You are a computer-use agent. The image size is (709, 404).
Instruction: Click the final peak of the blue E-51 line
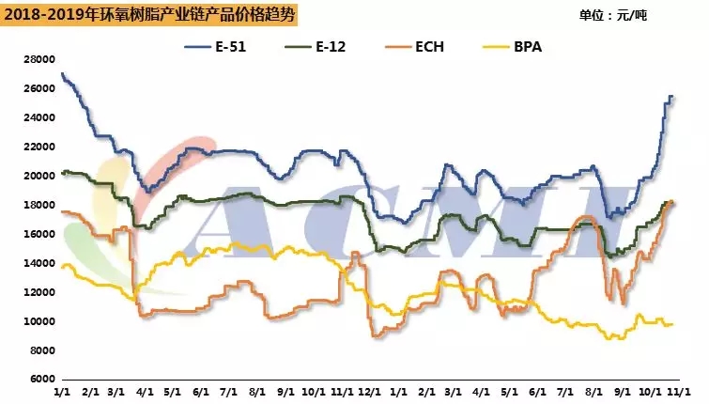click(x=670, y=96)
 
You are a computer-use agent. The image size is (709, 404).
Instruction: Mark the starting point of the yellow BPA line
click(x=61, y=267)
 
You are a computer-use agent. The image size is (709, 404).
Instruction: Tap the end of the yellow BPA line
click(x=672, y=324)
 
